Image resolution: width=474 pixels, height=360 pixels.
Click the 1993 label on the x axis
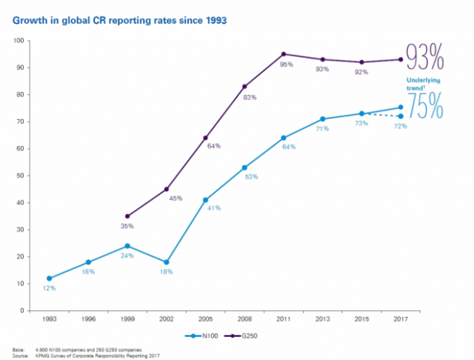click(49, 320)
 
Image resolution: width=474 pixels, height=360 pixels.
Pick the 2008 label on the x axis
click(244, 320)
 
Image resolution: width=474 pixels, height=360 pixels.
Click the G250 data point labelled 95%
click(284, 54)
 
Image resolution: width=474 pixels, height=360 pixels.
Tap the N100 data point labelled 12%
click(49, 279)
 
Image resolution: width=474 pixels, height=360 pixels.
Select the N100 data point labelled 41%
click(205, 200)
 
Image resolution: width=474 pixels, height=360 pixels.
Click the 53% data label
click(250, 177)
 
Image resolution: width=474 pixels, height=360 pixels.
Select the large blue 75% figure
click(426, 106)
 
